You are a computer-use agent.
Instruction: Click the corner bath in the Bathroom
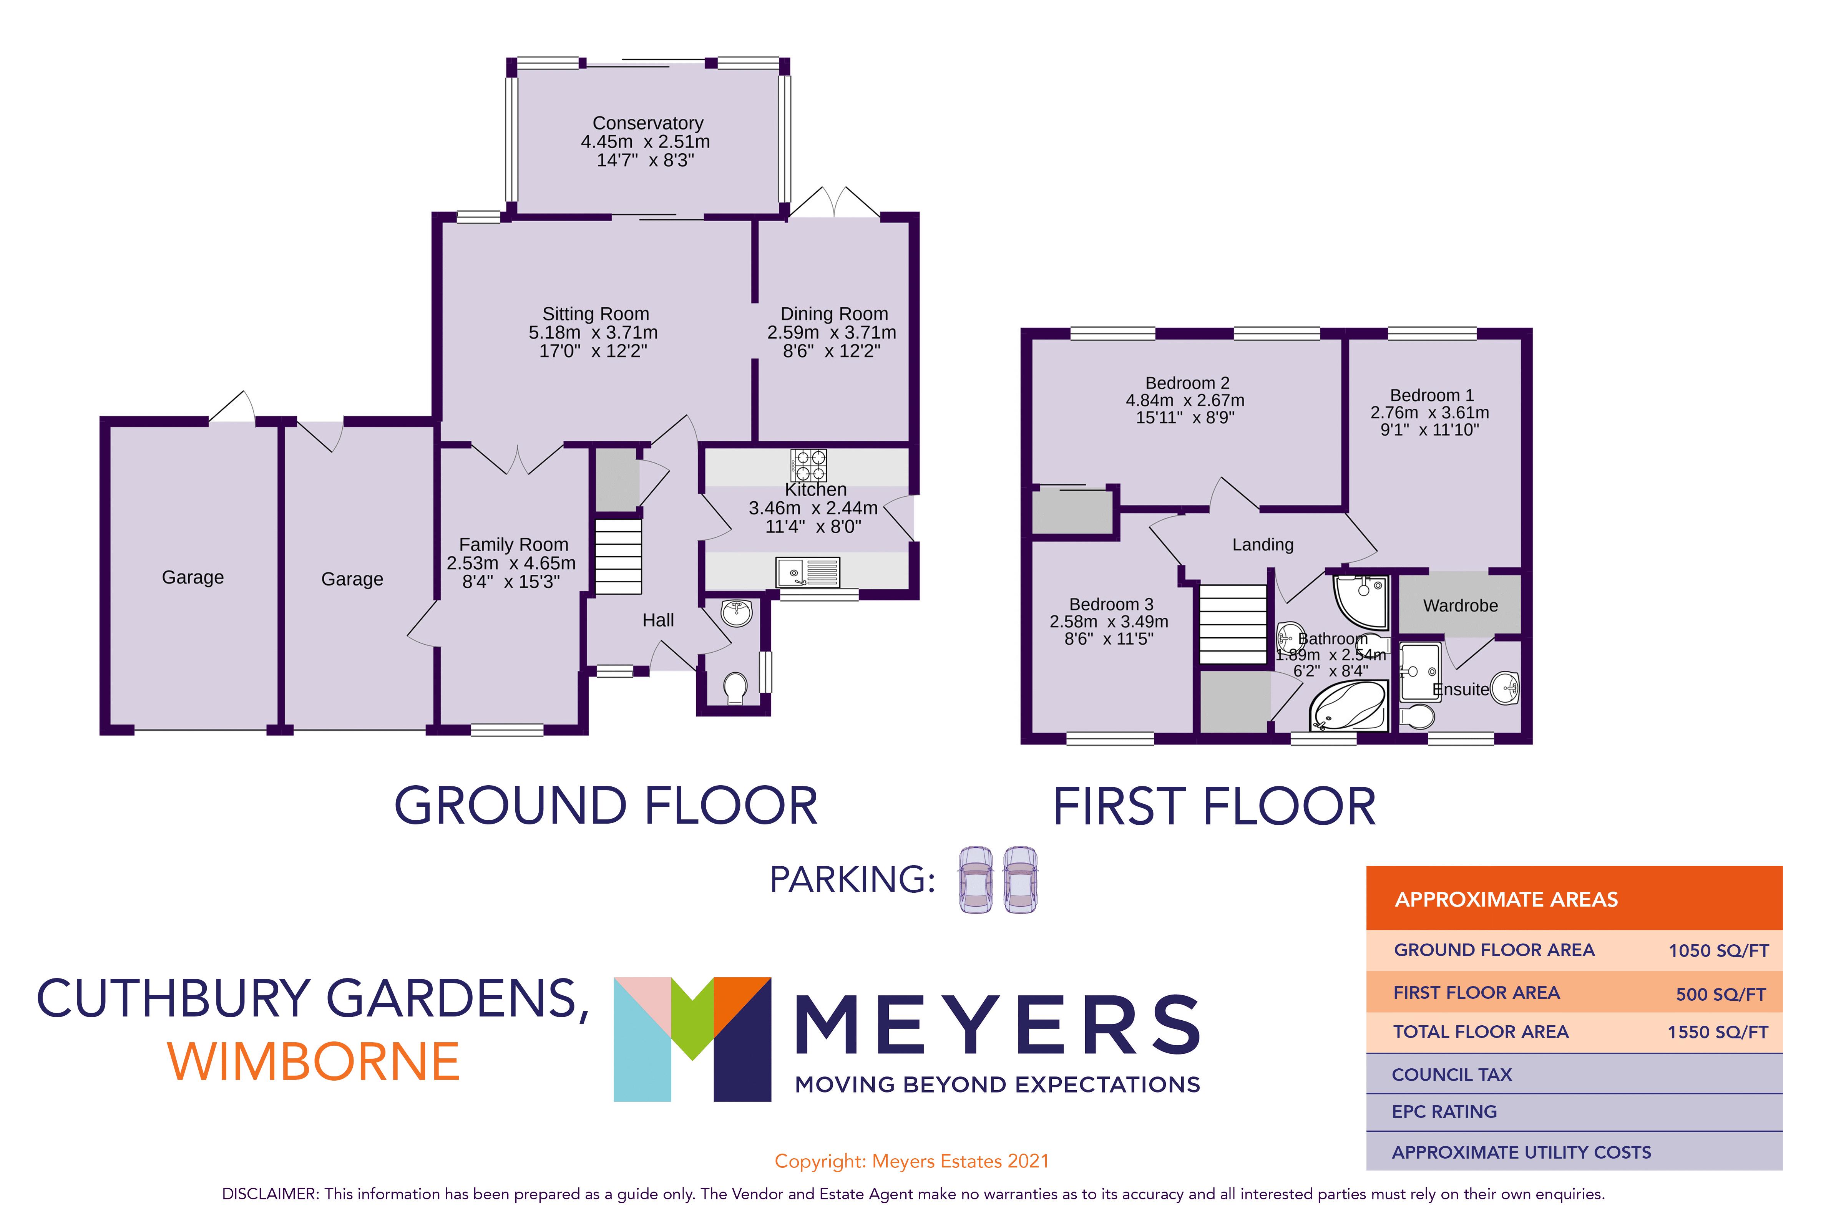tap(1349, 706)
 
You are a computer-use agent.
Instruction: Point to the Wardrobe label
tap(1459, 605)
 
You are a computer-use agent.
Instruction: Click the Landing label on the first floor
tap(1262, 545)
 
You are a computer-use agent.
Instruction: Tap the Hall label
tap(657, 620)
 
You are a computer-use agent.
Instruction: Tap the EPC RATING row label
tap(1444, 1111)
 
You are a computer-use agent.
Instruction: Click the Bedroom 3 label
tap(1111, 604)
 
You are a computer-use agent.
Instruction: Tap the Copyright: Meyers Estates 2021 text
tap(911, 1161)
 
